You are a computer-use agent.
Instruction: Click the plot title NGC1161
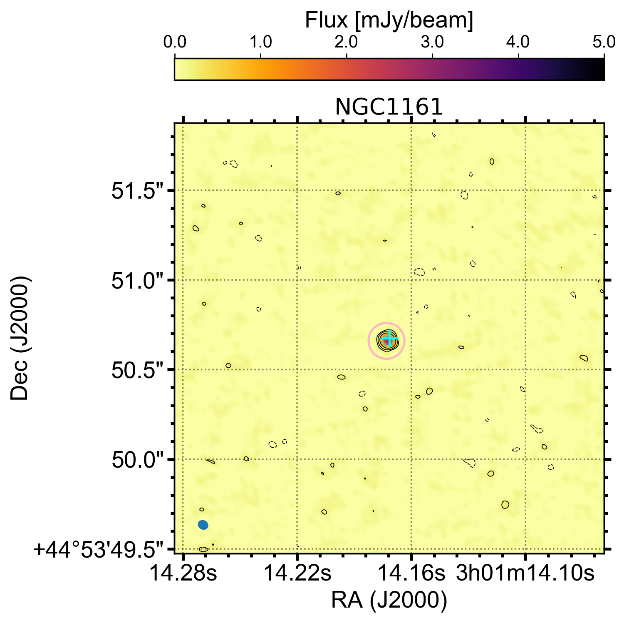pos(389,107)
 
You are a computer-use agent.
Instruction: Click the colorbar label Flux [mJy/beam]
pos(389,20)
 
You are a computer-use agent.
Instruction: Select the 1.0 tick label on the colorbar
pos(260,42)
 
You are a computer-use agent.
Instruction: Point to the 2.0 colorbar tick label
pos(347,42)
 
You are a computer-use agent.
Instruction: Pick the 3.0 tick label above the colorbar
pos(433,42)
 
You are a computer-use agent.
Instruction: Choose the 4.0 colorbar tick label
pos(519,42)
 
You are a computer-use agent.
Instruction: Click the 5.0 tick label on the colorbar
pos(604,42)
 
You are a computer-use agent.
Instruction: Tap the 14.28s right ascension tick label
pos(183,573)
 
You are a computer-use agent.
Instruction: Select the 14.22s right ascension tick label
pos(297,573)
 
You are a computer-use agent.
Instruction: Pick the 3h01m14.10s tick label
pos(525,573)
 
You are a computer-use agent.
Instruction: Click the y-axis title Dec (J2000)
pos(20,338)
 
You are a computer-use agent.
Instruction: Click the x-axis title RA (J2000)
pos(389,600)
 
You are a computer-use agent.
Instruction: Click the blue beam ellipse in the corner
pos(203,525)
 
